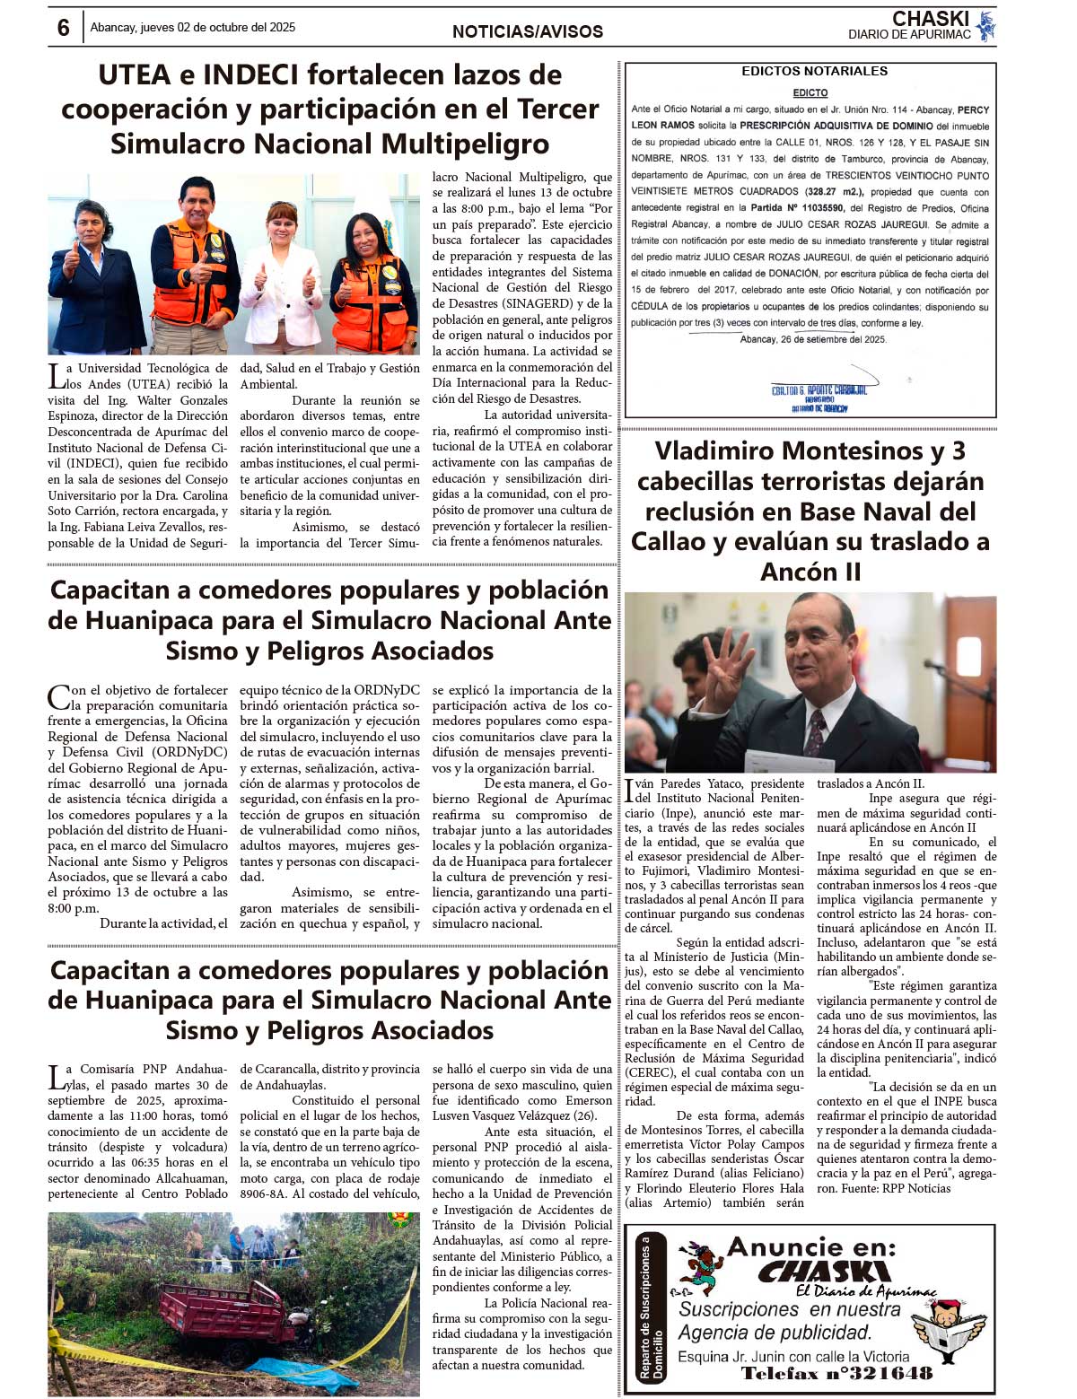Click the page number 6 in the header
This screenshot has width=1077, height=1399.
pos(63,28)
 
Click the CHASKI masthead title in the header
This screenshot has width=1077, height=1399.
pos(930,19)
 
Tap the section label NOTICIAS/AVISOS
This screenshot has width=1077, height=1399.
pos(528,31)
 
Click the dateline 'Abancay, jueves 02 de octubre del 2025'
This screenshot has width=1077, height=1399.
pos(193,27)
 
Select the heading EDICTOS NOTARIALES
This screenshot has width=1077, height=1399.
pos(814,71)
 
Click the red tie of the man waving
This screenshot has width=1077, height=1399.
pos(816,731)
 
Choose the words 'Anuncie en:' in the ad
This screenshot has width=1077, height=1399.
pos(810,1246)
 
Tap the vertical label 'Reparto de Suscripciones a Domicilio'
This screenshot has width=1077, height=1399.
pos(651,1307)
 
